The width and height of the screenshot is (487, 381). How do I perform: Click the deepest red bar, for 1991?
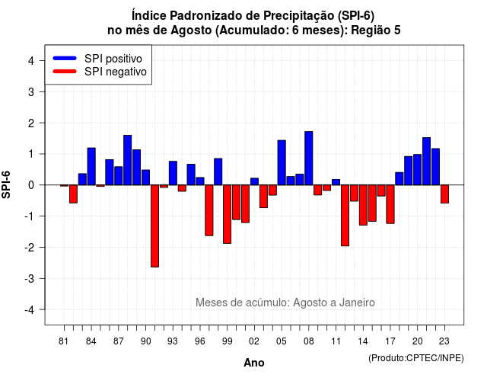click(x=154, y=226)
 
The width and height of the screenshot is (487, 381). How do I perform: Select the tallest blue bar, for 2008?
click(x=309, y=158)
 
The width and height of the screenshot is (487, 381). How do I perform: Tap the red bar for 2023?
click(x=444, y=194)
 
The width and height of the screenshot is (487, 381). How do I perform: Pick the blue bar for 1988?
click(x=127, y=160)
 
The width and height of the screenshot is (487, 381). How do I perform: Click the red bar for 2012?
click(x=345, y=215)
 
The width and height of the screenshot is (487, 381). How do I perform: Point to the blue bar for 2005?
click(x=282, y=162)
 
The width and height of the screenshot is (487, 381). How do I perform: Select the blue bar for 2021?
click(x=426, y=161)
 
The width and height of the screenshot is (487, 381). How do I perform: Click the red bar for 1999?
click(x=227, y=214)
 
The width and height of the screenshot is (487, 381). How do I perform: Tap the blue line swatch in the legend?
click(x=65, y=58)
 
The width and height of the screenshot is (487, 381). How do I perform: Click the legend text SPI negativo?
click(x=115, y=72)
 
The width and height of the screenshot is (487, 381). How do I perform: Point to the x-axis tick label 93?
click(x=173, y=341)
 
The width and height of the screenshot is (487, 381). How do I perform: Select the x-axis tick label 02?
click(x=254, y=341)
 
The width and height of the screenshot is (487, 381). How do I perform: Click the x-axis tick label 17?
click(x=390, y=341)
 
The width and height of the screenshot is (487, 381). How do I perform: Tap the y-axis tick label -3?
click(x=30, y=278)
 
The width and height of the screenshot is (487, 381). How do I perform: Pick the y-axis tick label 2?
click(x=31, y=123)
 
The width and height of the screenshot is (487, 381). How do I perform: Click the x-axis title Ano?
click(x=254, y=363)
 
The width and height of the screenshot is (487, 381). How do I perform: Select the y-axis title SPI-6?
click(x=6, y=184)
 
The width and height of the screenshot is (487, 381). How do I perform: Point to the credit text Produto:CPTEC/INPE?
click(x=416, y=358)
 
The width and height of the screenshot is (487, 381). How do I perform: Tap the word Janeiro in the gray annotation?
click(x=357, y=303)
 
